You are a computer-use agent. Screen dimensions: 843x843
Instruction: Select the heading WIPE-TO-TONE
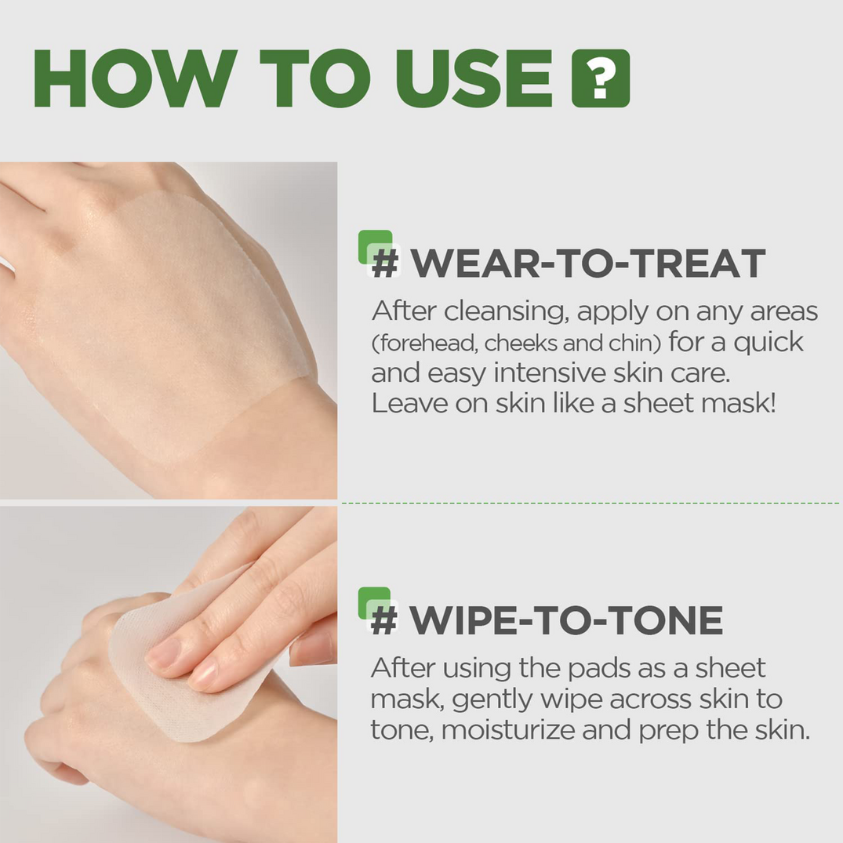565,620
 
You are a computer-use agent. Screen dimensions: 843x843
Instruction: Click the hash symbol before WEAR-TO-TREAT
385,263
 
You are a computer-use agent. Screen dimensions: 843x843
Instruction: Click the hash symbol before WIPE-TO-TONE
384,621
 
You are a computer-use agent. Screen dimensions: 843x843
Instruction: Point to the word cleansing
504,311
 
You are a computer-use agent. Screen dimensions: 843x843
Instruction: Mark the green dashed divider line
588,503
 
